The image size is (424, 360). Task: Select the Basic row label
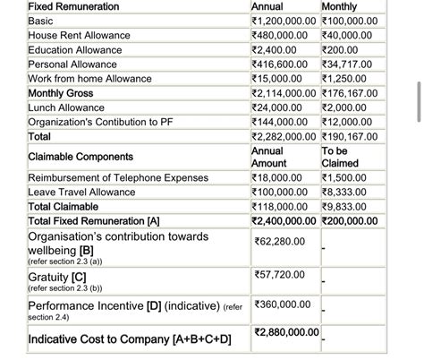coord(41,21)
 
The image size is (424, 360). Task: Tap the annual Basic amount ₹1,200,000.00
coord(284,21)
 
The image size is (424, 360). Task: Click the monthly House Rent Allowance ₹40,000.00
coord(350,35)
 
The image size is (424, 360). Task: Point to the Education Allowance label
coord(74,50)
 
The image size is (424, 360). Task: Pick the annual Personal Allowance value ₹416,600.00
coord(280,64)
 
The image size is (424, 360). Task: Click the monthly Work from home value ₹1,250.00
coord(346,79)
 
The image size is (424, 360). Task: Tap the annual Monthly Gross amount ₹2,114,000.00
coord(284,93)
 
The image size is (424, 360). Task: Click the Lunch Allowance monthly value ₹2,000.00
coord(346,107)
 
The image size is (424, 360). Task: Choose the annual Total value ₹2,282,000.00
coord(284,137)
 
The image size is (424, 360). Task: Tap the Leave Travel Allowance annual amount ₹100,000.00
coord(280,192)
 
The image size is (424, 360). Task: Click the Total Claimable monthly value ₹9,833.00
coord(346,206)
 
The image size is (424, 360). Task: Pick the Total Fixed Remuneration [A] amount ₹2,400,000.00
coord(284,220)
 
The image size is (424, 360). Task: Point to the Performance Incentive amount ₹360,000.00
coord(282,304)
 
